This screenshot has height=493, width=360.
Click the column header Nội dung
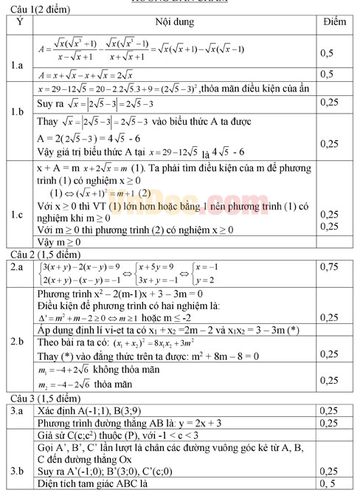click(175, 22)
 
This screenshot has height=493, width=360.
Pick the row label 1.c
click(20, 216)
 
